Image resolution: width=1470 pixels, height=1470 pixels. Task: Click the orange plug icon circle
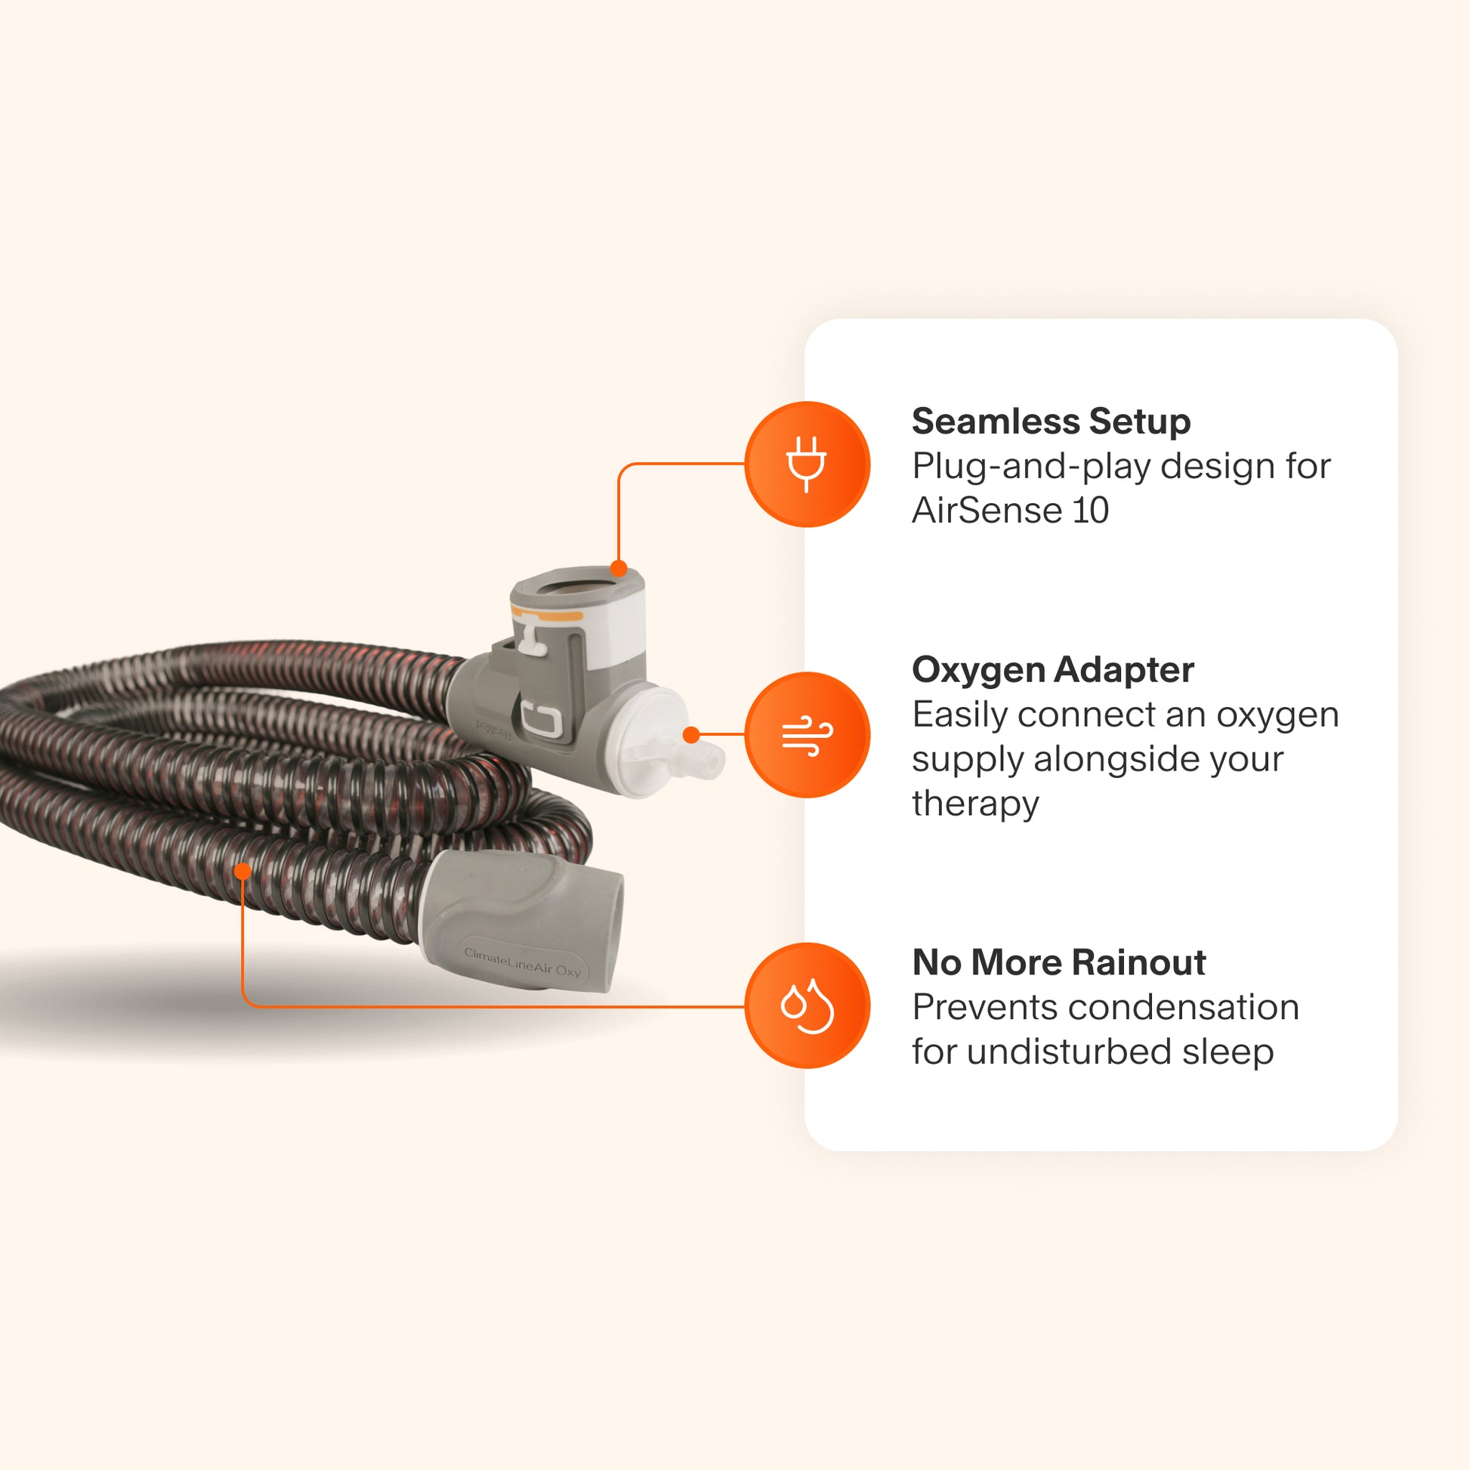click(807, 464)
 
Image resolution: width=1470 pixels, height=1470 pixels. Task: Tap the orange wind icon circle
click(807, 735)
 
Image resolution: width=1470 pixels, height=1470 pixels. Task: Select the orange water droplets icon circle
click(807, 1005)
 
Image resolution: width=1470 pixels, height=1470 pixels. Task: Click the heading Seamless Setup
click(1051, 422)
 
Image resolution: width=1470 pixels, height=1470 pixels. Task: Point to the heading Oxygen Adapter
click(1052, 669)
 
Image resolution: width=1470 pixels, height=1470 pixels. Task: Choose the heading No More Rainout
click(1058, 962)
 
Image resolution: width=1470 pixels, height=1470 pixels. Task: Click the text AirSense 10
click(1010, 510)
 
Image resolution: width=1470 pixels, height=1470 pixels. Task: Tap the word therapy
click(974, 803)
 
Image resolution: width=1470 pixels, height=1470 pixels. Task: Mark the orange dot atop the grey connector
click(619, 568)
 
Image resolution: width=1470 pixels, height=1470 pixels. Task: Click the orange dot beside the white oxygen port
click(691, 735)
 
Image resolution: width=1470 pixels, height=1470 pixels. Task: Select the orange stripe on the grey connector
click(548, 613)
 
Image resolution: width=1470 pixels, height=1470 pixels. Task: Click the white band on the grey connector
click(616, 632)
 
